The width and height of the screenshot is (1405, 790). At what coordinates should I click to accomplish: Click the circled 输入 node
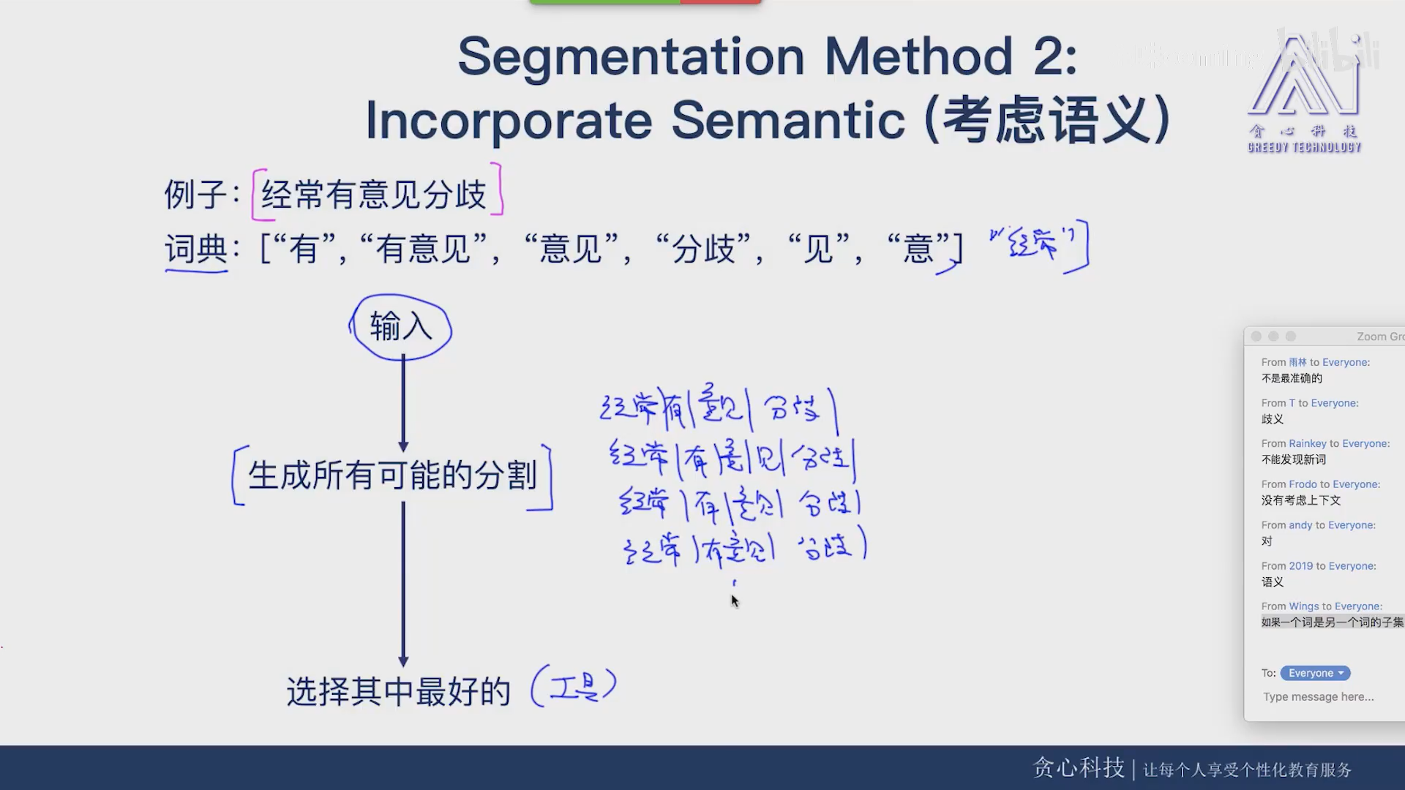pyautogui.click(x=401, y=327)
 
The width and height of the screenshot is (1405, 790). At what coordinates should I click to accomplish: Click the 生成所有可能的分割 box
pyautogui.click(x=392, y=476)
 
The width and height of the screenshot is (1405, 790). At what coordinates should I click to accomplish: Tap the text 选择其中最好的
pyautogui.click(x=398, y=691)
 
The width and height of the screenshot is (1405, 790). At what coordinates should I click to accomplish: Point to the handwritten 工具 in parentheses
pyautogui.click(x=574, y=687)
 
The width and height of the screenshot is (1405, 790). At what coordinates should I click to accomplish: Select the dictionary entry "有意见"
pyautogui.click(x=424, y=249)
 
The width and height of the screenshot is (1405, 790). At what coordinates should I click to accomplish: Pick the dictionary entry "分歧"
pyautogui.click(x=704, y=249)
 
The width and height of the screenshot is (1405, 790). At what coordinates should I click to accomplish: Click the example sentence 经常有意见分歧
pyautogui.click(x=374, y=195)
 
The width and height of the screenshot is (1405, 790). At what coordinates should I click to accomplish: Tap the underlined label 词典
pyautogui.click(x=196, y=249)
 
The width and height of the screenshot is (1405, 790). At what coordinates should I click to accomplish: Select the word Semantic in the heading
pyautogui.click(x=788, y=120)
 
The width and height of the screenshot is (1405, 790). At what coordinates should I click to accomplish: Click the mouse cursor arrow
pyautogui.click(x=735, y=601)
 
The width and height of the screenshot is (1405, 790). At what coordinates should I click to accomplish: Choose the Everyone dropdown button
pyautogui.click(x=1315, y=673)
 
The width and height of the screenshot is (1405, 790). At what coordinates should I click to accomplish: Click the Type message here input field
pyautogui.click(x=1318, y=697)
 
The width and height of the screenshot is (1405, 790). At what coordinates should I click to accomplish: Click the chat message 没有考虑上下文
pyautogui.click(x=1300, y=500)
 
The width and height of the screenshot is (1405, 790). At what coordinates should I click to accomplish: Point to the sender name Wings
pyautogui.click(x=1303, y=606)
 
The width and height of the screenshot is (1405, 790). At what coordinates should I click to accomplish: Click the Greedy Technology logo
pyautogui.click(x=1304, y=91)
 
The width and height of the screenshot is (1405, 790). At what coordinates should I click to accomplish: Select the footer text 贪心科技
pyautogui.click(x=1078, y=768)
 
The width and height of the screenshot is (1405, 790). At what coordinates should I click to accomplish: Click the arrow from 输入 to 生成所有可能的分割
pyautogui.click(x=403, y=402)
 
